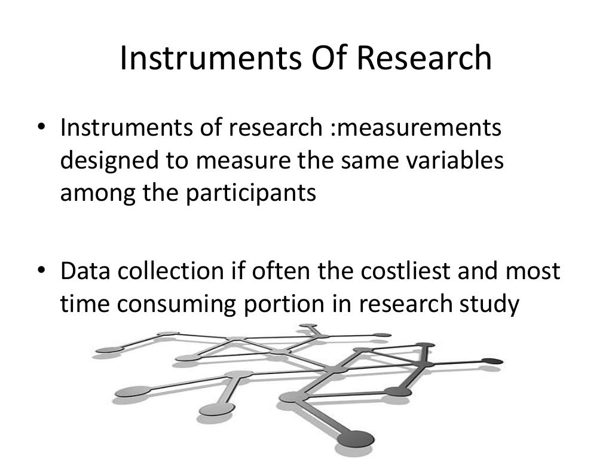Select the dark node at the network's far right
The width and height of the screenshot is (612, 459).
[x=491, y=361]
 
